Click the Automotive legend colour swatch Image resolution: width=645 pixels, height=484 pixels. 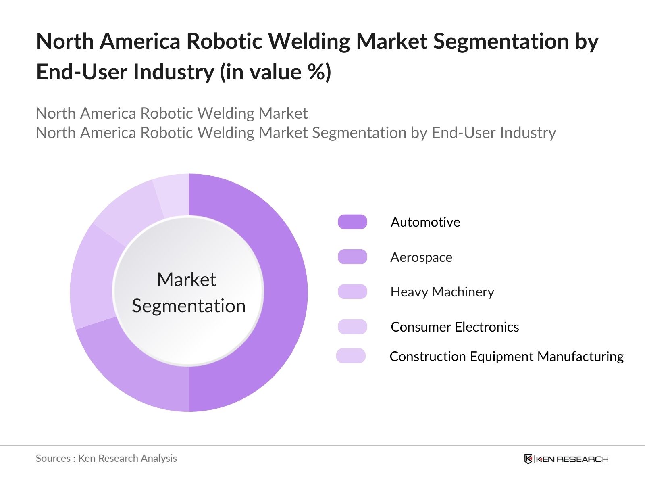(352, 222)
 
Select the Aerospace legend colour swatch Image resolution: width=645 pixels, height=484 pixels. (352, 257)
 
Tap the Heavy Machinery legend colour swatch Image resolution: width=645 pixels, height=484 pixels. (352, 292)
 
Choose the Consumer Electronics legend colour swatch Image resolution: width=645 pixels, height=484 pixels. (352, 327)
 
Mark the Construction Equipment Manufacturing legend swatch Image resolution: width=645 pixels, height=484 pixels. (351, 356)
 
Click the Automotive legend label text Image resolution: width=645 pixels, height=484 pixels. (425, 222)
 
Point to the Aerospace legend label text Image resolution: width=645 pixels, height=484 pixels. (421, 257)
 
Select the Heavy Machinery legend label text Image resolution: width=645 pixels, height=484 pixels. (442, 292)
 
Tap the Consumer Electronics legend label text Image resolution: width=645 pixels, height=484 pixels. (455, 327)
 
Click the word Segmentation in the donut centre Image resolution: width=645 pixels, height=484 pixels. (189, 306)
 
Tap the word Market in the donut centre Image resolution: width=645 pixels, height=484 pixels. (186, 279)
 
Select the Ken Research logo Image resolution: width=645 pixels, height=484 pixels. (566, 459)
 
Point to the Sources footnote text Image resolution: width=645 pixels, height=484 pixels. (106, 458)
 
